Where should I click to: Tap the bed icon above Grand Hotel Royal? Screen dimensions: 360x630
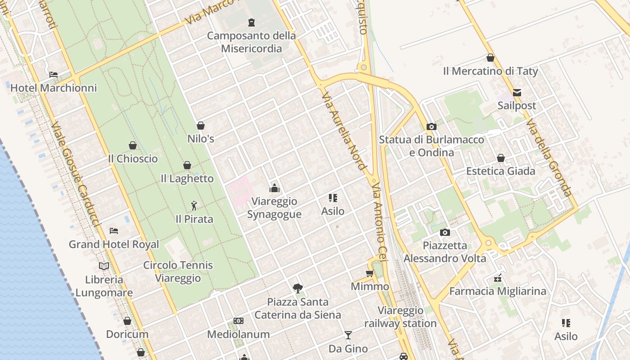coord(114,231)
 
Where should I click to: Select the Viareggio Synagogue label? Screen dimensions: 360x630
coord(274,207)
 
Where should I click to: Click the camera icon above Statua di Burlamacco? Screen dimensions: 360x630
coord(432,126)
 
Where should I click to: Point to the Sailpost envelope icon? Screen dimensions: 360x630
coord(517,93)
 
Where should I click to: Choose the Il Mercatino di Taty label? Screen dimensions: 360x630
coord(490,71)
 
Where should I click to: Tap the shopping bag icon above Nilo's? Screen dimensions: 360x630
coord(201,126)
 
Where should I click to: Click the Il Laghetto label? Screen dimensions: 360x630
coord(187,179)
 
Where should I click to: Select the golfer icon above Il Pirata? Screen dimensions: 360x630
coord(194,206)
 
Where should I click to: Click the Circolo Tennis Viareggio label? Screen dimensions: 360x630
coord(178,271)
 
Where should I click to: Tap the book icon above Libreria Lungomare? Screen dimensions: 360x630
coord(104,266)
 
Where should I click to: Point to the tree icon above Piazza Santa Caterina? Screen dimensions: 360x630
coord(297,288)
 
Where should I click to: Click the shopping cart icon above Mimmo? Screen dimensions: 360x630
coord(370,273)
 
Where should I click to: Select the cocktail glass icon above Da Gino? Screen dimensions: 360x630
coord(348,335)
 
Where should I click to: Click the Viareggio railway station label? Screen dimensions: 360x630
coord(400,317)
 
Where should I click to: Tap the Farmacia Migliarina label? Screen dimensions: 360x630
coord(498,291)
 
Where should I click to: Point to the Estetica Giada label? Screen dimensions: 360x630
coord(501,171)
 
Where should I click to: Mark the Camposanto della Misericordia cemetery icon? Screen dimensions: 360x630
coord(252,22)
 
